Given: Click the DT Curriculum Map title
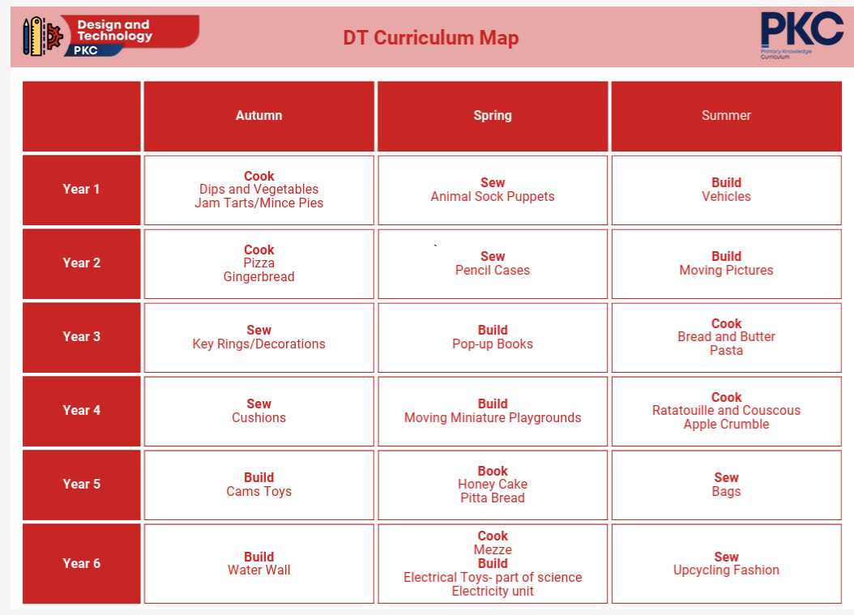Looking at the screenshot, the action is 431,37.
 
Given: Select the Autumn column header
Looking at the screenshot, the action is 258,116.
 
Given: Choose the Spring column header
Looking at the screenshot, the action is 493,116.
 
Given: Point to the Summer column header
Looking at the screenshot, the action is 726,116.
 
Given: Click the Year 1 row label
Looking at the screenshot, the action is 81,189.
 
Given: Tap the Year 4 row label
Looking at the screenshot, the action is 81,410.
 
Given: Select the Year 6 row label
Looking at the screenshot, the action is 81,563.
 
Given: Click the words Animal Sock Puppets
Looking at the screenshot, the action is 493,197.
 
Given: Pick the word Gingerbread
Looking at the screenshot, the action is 258,277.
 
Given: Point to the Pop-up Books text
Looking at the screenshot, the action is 493,344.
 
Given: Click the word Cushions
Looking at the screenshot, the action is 258,418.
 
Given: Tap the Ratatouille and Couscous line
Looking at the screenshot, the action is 726,410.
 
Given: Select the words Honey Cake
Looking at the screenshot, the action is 493,485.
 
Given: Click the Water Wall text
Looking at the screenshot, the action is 258,570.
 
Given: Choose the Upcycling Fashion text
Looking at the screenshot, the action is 726,570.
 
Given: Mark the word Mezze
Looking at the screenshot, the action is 493,549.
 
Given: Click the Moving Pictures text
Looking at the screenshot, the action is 726,270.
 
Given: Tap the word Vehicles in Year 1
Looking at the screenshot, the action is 726,197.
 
